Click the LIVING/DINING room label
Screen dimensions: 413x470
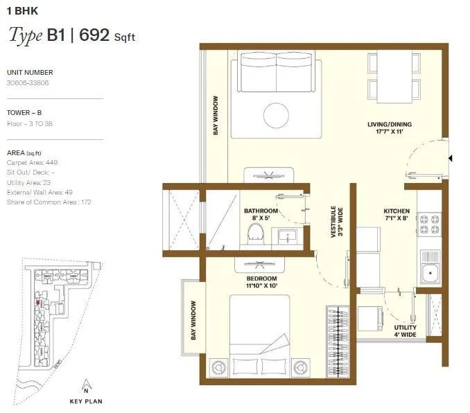(x=390, y=129)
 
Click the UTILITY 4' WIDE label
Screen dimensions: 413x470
(x=404, y=331)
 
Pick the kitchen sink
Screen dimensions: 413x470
(x=430, y=272)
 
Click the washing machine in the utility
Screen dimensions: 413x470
(x=372, y=316)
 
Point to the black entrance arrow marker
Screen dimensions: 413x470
(x=451, y=159)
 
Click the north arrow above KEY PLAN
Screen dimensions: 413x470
(x=85, y=385)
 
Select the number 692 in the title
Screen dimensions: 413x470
(x=94, y=35)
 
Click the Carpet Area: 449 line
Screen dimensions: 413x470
(x=32, y=161)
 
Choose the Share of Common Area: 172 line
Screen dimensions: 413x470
(x=49, y=202)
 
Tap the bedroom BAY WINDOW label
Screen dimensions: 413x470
(x=193, y=319)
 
